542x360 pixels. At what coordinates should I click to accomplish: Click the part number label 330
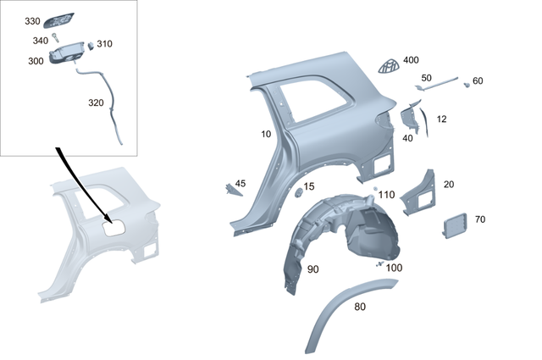point(31,20)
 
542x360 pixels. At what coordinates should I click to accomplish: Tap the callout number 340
point(40,41)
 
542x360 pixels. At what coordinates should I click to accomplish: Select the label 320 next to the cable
point(97,102)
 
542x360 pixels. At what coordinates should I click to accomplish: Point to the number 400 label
point(411,60)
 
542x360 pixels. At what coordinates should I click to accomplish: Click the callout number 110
point(386,194)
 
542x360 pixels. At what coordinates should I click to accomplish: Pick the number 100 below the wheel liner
point(394,268)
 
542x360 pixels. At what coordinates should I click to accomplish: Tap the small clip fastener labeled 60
point(467,85)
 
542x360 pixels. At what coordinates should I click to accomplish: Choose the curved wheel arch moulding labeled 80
point(347,313)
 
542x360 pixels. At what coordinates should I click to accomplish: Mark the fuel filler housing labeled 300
point(66,55)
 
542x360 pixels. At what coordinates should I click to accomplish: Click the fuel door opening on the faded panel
point(113,226)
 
